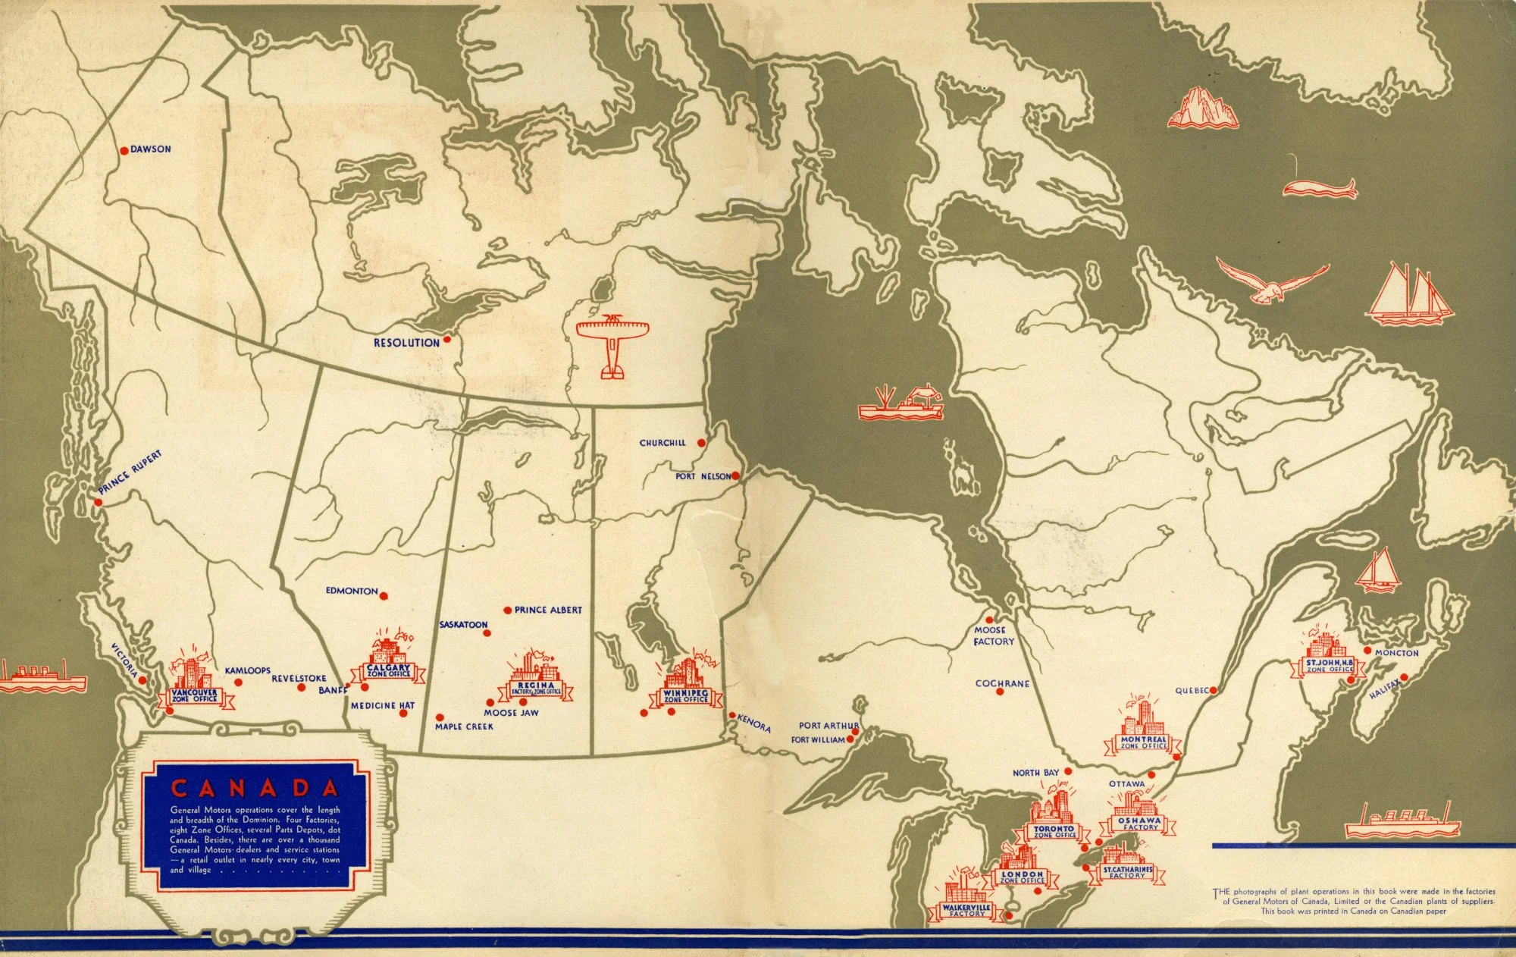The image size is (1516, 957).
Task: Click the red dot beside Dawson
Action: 124,150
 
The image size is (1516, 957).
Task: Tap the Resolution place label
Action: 406,343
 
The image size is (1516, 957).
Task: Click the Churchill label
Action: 662,443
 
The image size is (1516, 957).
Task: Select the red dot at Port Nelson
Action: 735,475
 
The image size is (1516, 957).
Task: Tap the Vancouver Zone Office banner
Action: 194,695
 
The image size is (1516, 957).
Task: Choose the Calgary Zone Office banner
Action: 388,671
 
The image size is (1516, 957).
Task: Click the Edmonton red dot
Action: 384,596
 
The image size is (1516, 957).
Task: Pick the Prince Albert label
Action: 548,610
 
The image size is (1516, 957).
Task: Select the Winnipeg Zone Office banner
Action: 685,695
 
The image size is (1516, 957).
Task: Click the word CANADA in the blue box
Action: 255,787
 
